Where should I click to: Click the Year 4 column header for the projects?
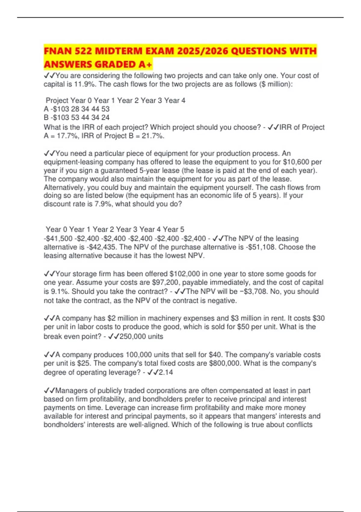[175, 100]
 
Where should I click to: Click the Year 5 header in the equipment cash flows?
[174, 229]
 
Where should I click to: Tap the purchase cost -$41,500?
[58, 239]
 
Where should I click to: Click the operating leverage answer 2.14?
[166, 372]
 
